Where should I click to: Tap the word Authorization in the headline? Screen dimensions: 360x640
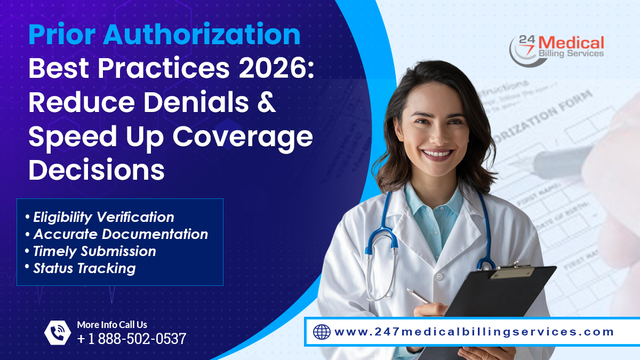pos(202,35)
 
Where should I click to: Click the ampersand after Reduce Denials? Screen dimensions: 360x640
pos(265,102)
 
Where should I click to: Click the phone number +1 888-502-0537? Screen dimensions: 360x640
pos(132,339)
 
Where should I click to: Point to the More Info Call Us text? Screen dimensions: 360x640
pos(112,324)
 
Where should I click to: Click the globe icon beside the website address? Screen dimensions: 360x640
pos(322,332)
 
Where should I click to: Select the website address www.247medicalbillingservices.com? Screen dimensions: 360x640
pos(474,332)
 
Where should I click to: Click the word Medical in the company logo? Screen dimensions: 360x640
pos(573,43)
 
